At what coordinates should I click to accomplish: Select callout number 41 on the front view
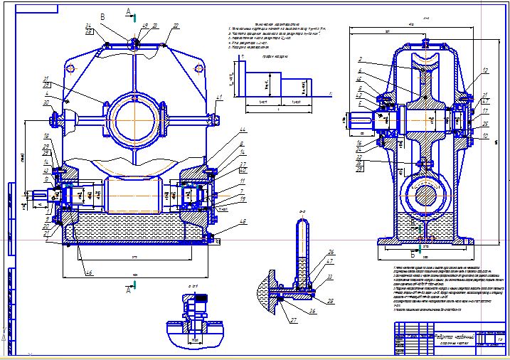coord(220,97)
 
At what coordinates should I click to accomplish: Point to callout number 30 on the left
coord(48,103)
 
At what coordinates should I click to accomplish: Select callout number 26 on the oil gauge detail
coord(330,252)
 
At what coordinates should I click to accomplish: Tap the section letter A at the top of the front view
coord(127,11)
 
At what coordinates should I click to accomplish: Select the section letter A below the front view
coord(127,290)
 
